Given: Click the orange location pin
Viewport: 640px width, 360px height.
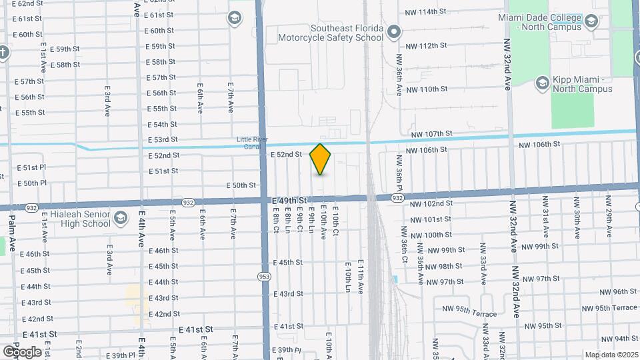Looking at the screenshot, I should (x=321, y=159).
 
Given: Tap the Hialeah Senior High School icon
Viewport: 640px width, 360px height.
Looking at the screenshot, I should (x=121, y=218).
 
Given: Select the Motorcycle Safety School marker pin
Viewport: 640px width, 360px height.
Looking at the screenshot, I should (x=394, y=31).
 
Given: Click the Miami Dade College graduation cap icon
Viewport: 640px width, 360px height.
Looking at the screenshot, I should (x=591, y=23).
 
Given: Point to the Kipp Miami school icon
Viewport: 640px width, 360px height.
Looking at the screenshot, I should (x=542, y=83).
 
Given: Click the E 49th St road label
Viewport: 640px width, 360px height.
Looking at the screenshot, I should (x=289, y=200).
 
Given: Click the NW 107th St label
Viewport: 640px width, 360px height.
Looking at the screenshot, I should (x=431, y=134).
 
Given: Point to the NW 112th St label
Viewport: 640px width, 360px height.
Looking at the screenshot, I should (x=425, y=45).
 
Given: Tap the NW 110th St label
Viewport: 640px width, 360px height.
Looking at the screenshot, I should (x=426, y=89).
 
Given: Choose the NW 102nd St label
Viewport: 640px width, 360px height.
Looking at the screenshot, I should (x=431, y=203).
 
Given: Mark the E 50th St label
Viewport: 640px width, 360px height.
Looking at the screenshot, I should (x=241, y=185).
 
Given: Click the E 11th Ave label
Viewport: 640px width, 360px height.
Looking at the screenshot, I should (x=360, y=277).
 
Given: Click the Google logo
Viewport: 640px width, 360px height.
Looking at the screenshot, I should (x=21, y=351).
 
